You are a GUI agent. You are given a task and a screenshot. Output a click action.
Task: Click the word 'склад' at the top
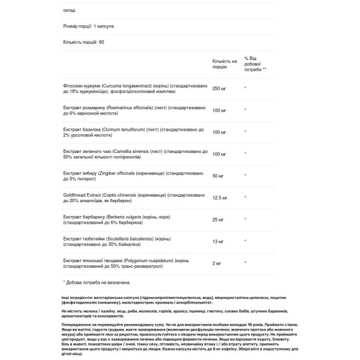[69, 10]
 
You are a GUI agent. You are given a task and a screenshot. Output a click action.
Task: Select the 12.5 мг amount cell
[221, 199]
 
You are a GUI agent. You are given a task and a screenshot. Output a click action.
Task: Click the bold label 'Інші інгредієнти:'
[80, 298]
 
